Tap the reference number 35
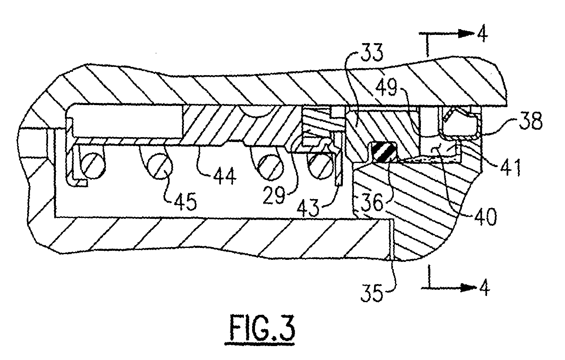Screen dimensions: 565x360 pyautogui.click(x=372, y=293)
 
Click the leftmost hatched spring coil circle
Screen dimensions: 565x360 pyautogui.click(x=92, y=166)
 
